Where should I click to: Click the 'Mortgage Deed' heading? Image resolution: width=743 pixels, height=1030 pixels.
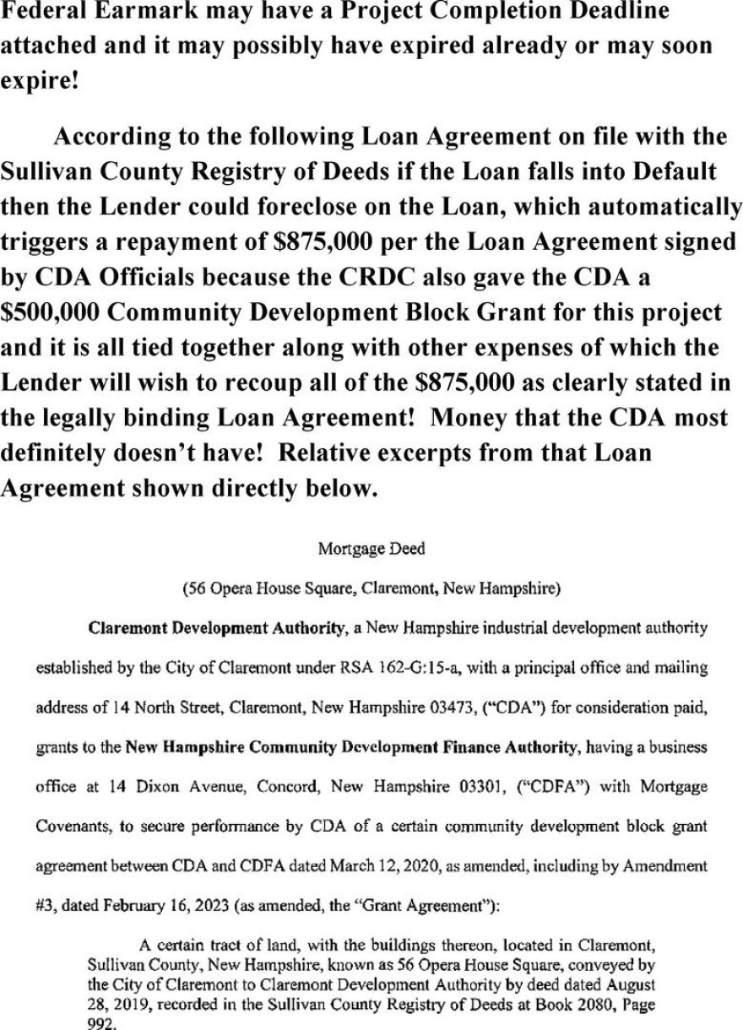tap(371, 549)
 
